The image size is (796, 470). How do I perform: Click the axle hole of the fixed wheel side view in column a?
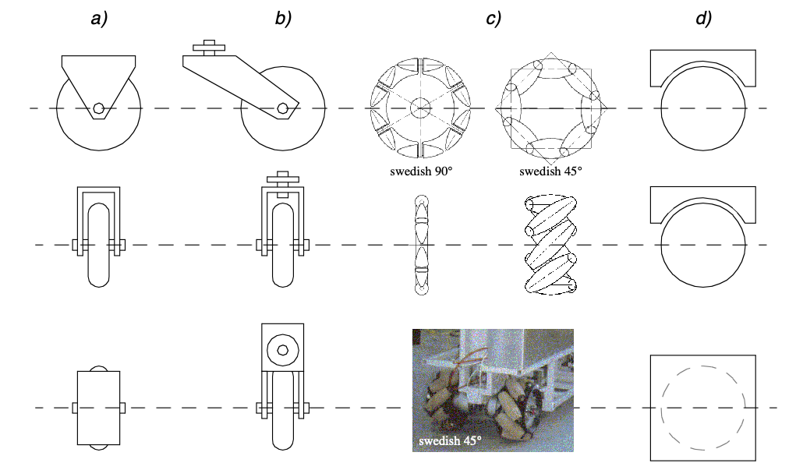pyautogui.click(x=98, y=108)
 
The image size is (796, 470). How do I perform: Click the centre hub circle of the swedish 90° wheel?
pyautogui.click(x=421, y=108)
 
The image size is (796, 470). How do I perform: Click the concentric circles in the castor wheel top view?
pyautogui.click(x=282, y=349)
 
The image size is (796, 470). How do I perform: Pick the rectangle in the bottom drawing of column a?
pyautogui.click(x=98, y=408)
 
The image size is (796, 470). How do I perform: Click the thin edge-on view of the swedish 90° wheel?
pyautogui.click(x=421, y=245)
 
